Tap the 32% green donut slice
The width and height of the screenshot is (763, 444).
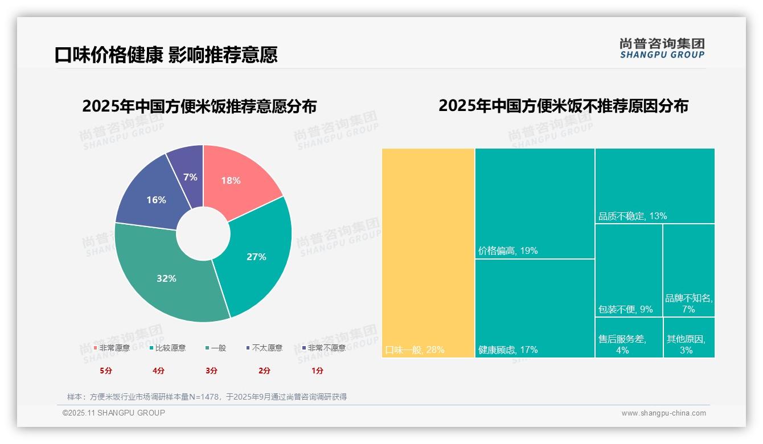pyautogui.click(x=167, y=278)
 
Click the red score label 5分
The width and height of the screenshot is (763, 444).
pyautogui.click(x=106, y=371)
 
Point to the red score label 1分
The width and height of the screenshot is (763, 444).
pyautogui.click(x=317, y=371)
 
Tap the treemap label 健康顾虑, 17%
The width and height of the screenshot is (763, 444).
pyautogui.click(x=508, y=350)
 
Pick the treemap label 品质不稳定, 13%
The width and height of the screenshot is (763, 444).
pyautogui.click(x=633, y=216)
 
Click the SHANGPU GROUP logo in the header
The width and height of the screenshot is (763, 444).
pyautogui.click(x=662, y=48)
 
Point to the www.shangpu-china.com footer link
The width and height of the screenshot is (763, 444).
pyautogui.click(x=663, y=413)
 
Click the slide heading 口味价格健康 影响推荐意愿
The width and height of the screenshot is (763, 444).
pyautogui.click(x=166, y=55)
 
